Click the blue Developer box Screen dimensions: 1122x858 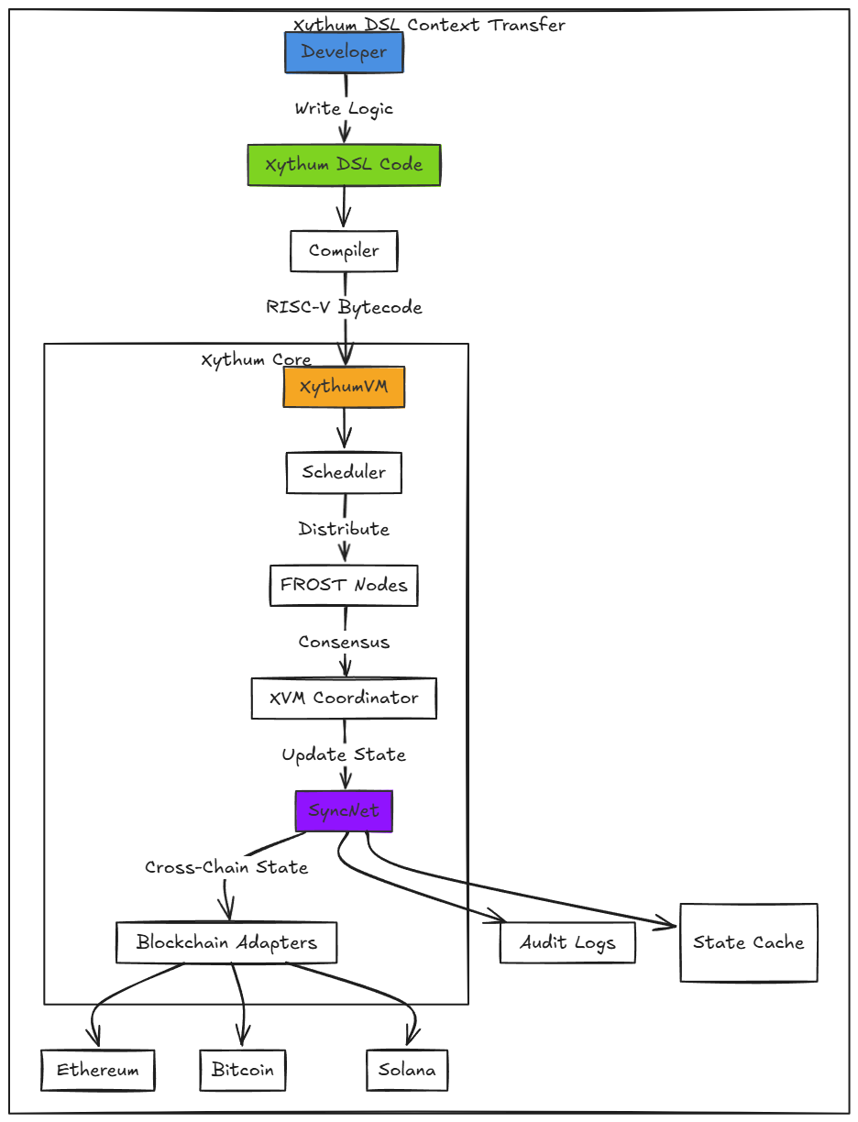344,52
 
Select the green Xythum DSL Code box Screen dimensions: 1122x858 344,165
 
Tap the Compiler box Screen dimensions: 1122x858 344,251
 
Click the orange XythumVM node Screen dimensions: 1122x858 344,387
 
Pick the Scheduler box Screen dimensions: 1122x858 344,473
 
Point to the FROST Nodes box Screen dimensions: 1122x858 344,585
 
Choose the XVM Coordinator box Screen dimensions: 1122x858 344,698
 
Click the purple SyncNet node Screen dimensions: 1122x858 344,811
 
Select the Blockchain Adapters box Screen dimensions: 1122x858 226,942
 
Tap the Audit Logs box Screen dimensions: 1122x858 567,942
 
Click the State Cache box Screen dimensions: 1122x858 748,942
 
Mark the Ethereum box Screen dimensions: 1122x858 98,1070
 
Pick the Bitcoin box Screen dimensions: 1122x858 243,1070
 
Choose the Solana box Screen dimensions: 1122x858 407,1070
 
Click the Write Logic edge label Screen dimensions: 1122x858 344,108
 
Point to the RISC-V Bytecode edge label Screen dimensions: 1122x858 344,307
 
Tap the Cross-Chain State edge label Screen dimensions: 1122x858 226,867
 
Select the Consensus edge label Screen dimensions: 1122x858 344,642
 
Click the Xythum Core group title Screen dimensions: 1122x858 256,360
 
